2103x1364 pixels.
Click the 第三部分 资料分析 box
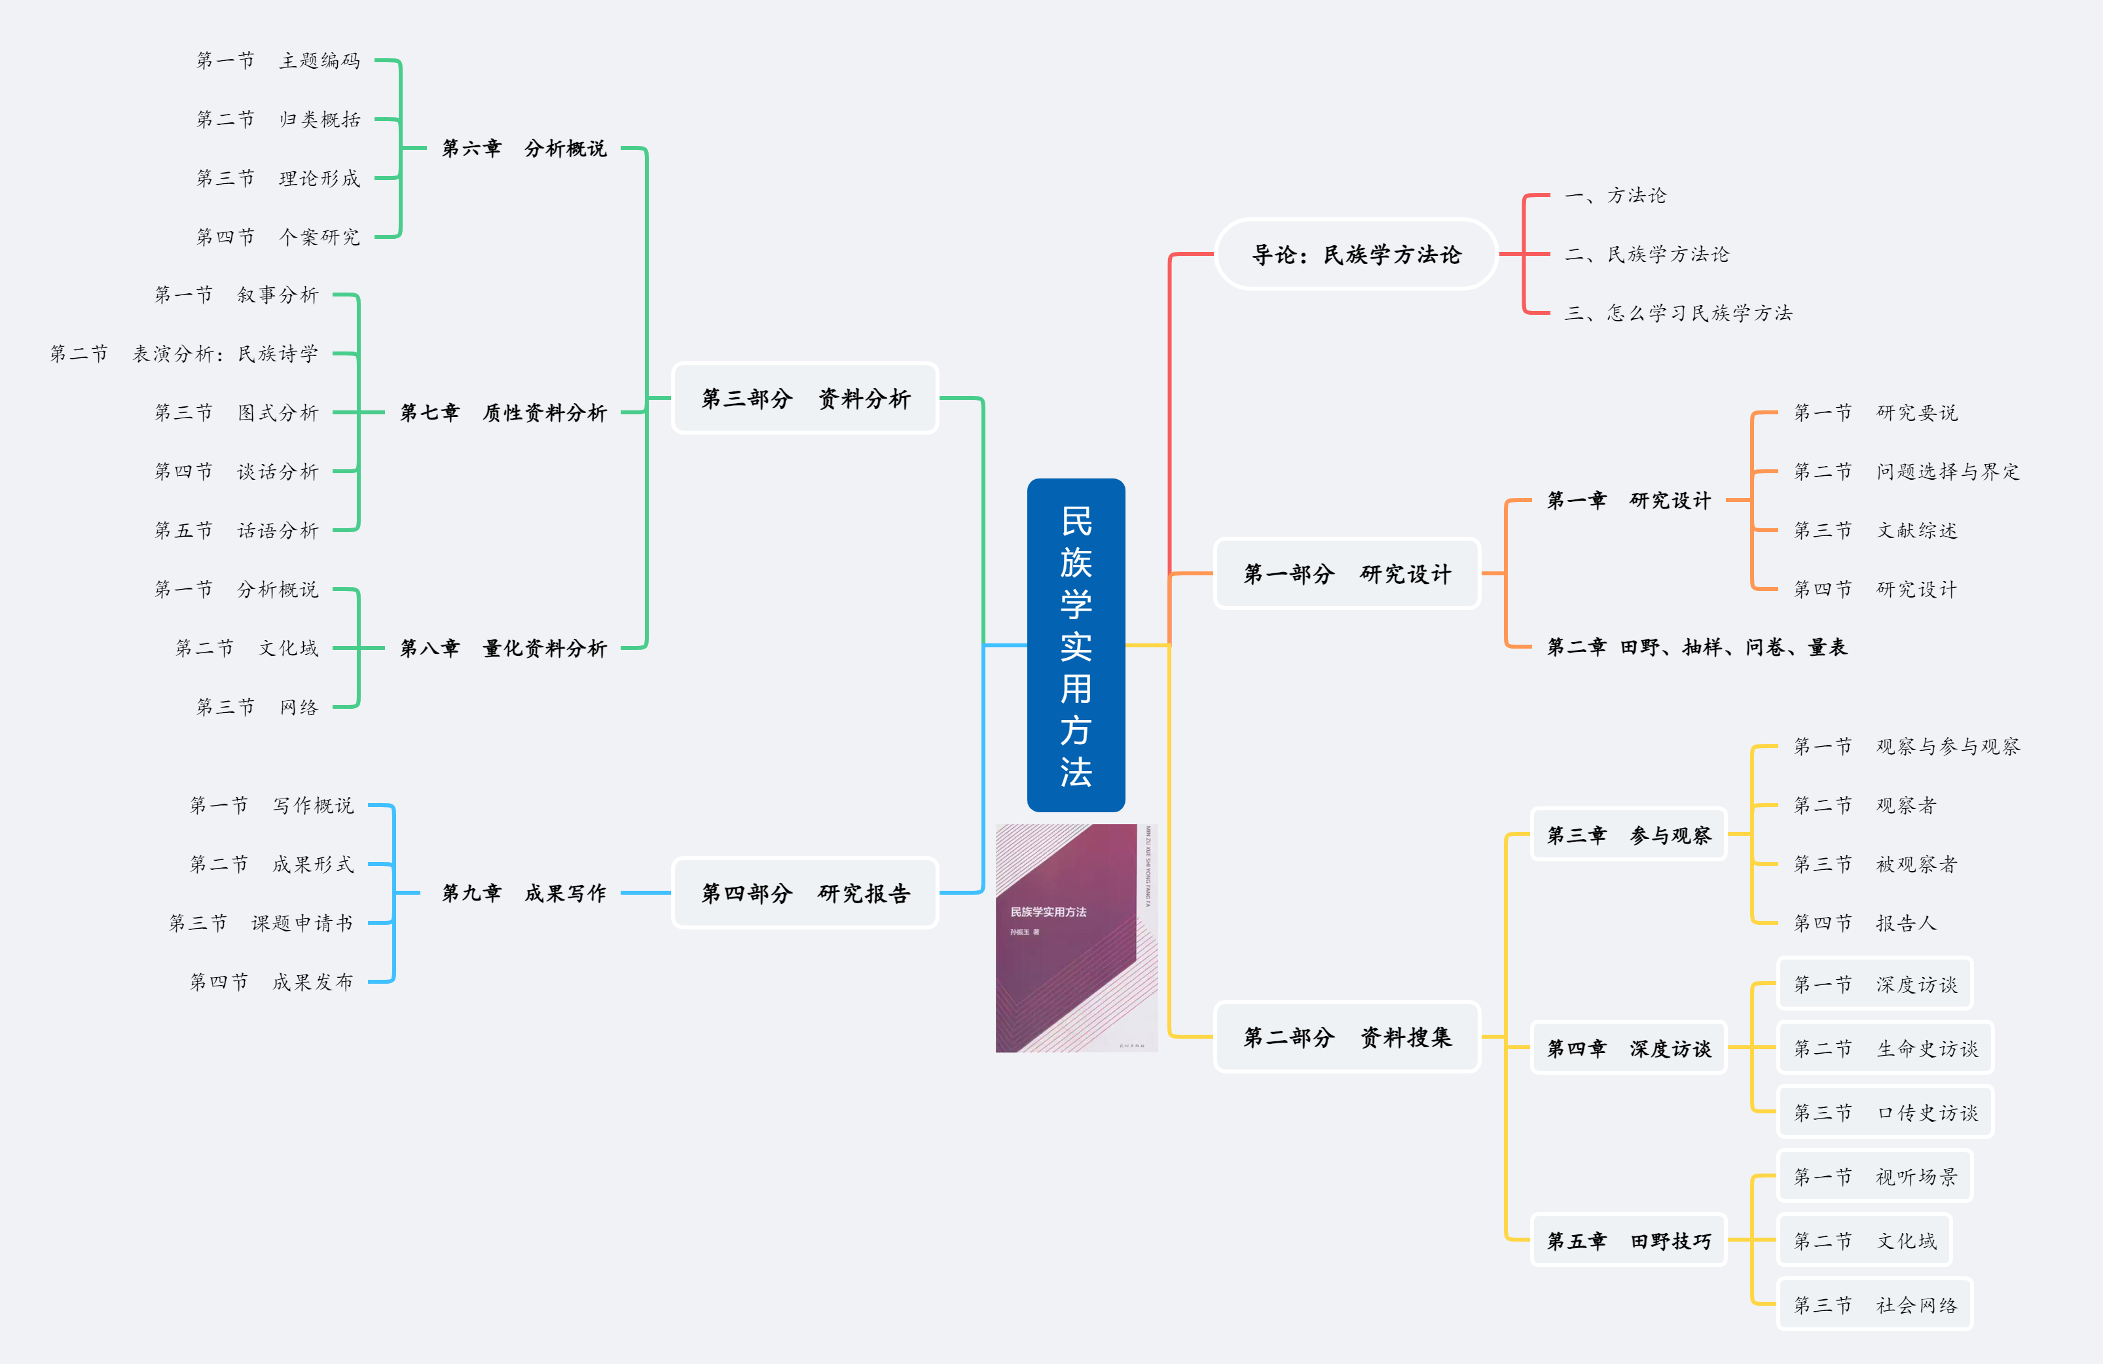tap(805, 399)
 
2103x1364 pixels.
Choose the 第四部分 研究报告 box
tap(805, 893)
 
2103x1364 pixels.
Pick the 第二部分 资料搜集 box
tap(1347, 1037)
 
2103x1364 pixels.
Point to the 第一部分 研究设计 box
tap(1347, 574)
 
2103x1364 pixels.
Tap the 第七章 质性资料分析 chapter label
tap(503, 412)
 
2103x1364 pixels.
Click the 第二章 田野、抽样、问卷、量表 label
tap(1696, 647)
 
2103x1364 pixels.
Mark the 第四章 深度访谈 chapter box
tap(1628, 1049)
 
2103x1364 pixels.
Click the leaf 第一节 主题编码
tap(278, 61)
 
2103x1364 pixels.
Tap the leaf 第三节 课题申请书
tap(261, 923)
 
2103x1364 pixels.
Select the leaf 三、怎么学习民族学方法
tap(1678, 313)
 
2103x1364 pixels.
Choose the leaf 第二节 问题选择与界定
tap(1906, 472)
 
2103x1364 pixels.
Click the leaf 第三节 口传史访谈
tap(1886, 1113)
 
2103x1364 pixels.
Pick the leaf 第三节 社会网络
tap(1875, 1305)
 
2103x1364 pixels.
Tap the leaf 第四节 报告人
tap(1865, 923)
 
